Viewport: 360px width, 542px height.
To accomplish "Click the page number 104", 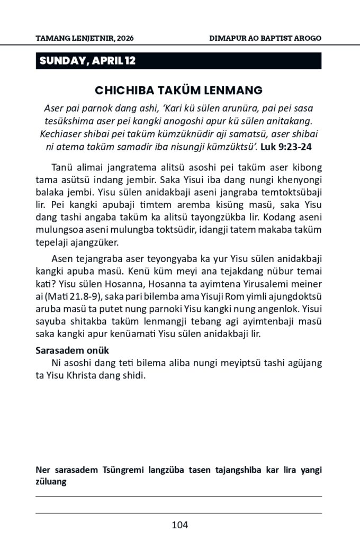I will click(x=180, y=525).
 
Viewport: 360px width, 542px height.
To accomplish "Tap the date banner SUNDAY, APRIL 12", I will click(x=87, y=61).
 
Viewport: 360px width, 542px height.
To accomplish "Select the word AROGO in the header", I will click(x=307, y=39).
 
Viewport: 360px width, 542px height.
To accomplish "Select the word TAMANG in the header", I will click(x=51, y=39).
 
